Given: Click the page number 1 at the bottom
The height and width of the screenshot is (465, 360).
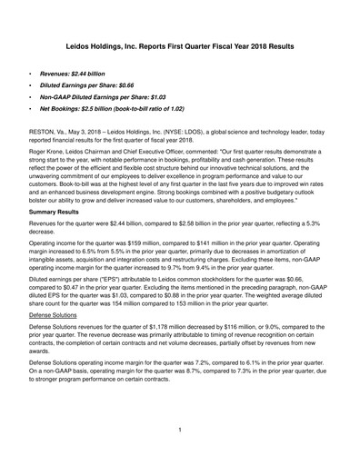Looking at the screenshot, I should (180, 430).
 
